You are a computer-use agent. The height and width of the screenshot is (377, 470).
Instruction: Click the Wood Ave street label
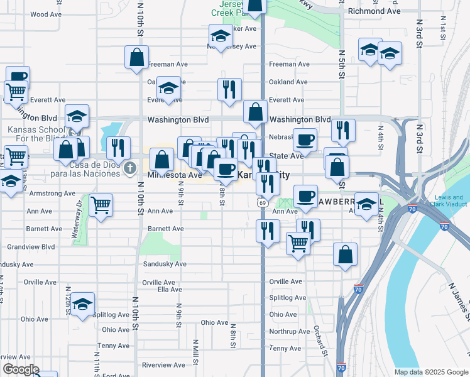45,14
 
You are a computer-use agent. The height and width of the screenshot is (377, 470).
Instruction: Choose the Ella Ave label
170,290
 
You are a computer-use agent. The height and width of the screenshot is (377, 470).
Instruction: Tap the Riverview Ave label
164,365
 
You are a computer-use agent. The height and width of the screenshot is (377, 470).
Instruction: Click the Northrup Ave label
290,331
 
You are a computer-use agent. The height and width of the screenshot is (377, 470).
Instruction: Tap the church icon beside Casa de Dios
130,167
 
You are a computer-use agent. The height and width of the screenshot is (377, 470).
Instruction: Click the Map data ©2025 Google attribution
431,372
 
